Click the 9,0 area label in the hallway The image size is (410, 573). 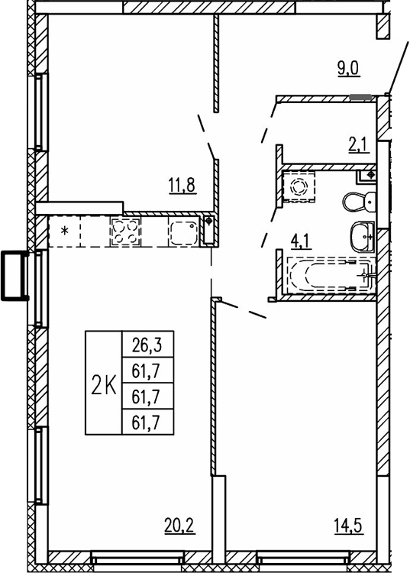coord(349,68)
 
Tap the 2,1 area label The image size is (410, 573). coord(359,143)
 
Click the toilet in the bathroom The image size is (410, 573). coord(358,202)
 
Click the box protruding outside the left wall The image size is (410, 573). coord(15,276)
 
